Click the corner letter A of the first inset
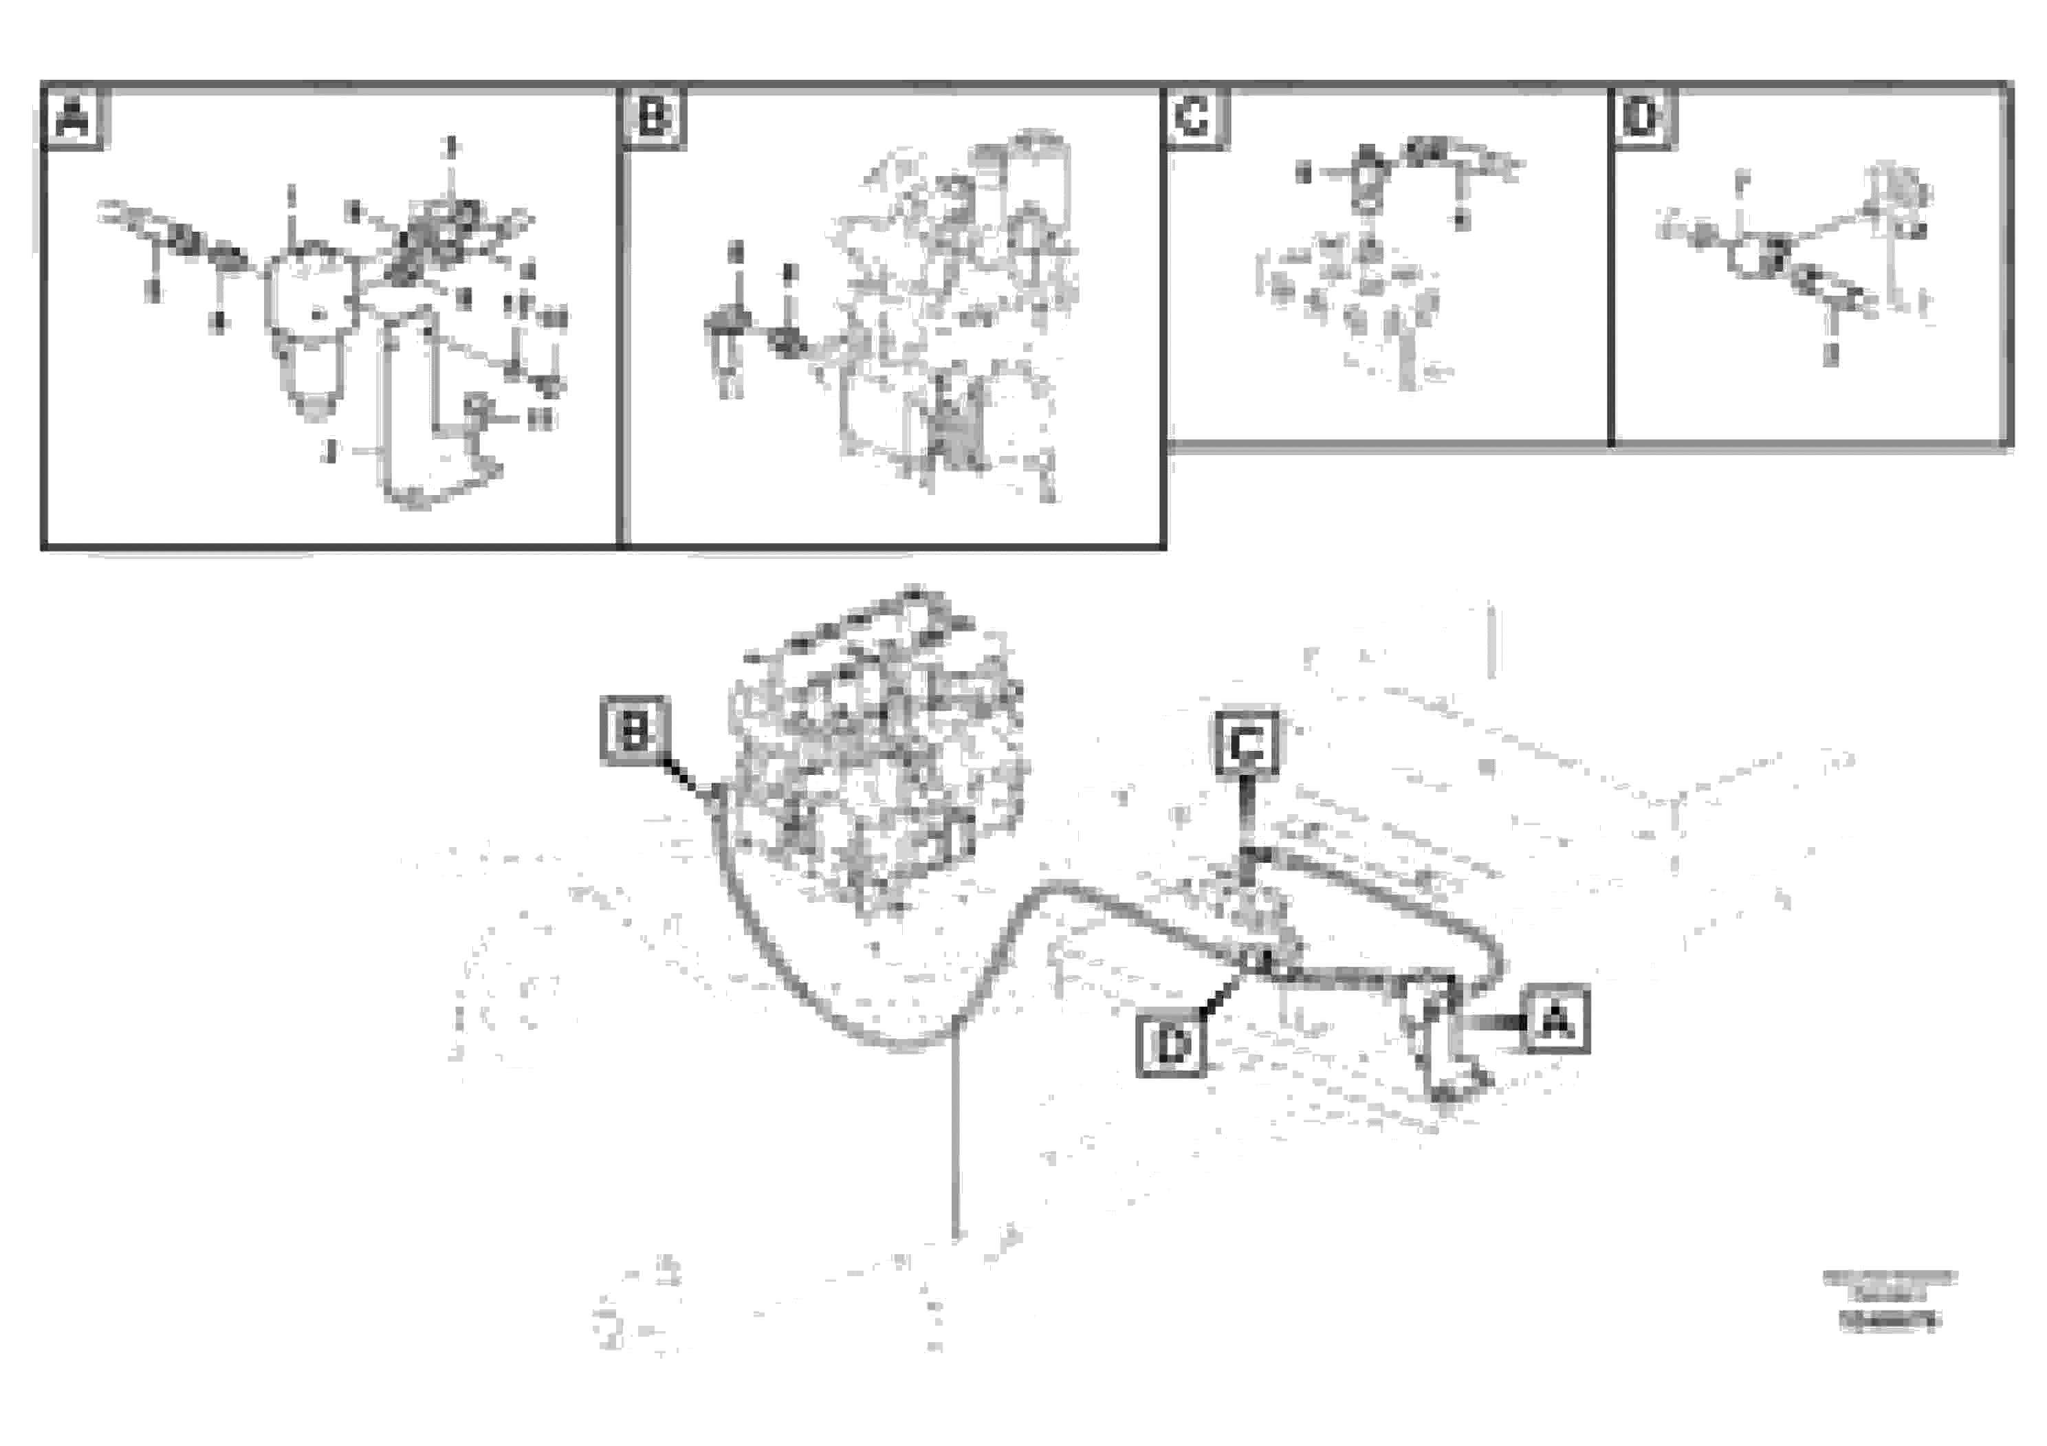73,118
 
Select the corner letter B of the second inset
653,118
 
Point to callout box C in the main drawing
1247,742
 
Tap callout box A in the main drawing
1556,1020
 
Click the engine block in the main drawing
878,758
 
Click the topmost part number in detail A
451,145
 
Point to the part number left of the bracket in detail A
331,451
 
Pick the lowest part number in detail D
1830,355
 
